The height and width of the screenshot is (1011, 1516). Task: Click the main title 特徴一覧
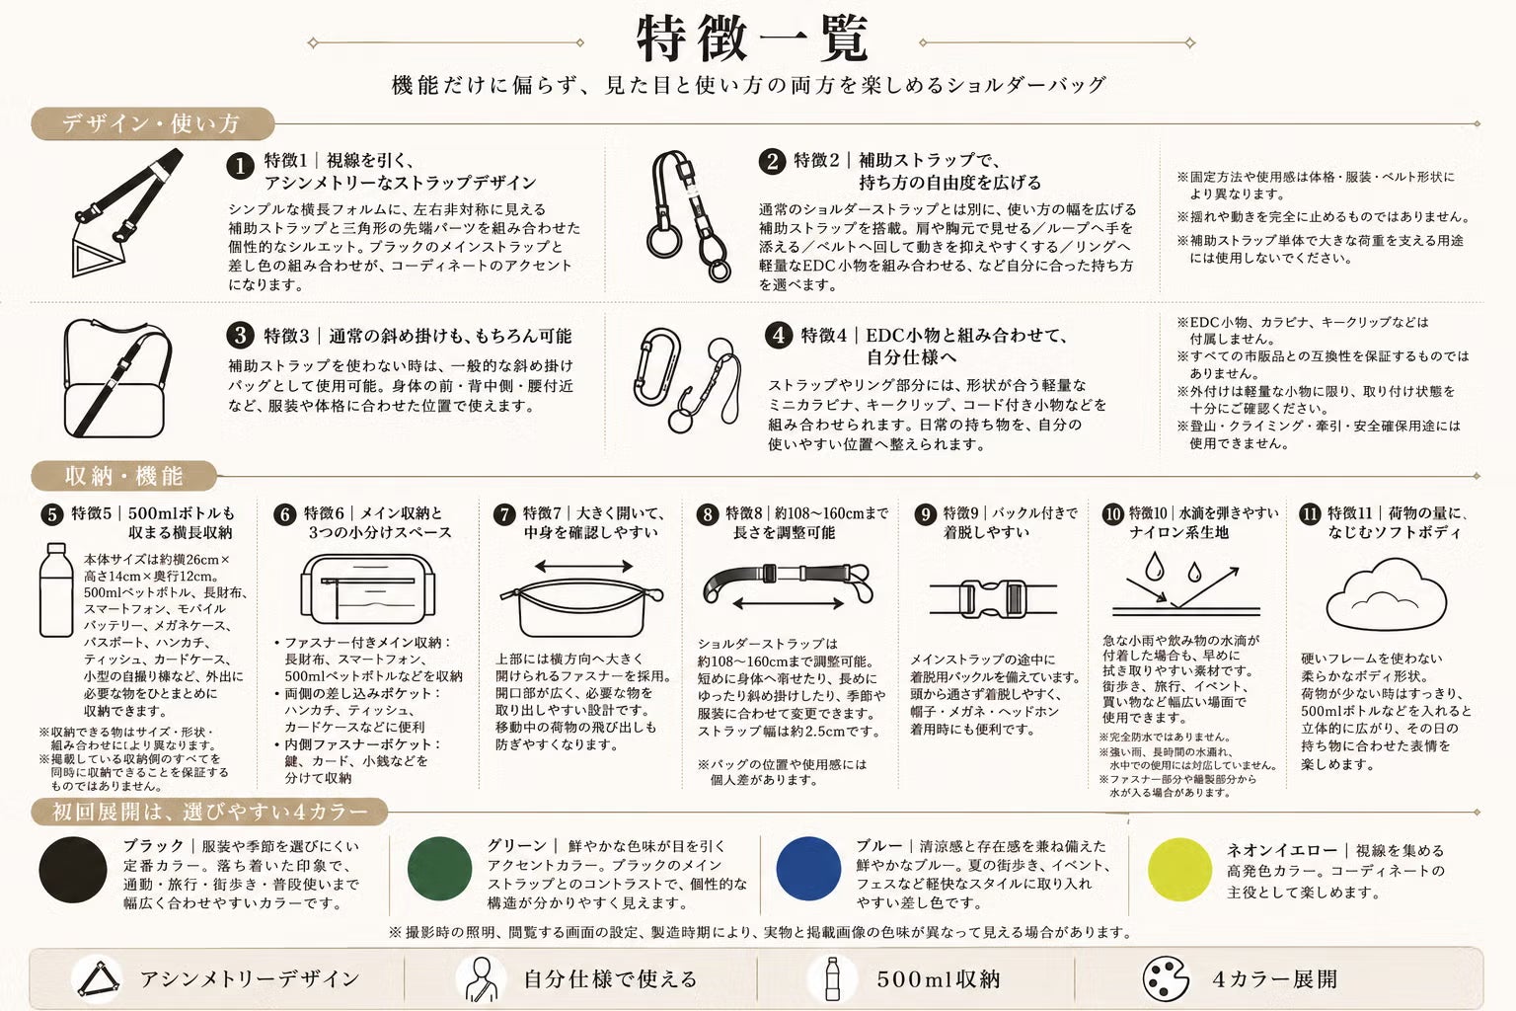coord(752,39)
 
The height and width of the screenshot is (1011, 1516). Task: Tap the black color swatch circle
coord(73,870)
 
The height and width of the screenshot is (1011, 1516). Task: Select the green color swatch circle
coord(440,869)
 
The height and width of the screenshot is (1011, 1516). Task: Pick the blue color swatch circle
coord(808,869)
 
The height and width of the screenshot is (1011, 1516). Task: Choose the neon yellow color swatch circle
coord(1179,870)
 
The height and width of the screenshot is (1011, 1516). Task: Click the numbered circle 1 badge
coord(240,166)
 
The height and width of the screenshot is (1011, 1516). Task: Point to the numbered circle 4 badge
coord(779,336)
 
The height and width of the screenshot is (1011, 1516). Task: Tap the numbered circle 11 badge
coord(1311,514)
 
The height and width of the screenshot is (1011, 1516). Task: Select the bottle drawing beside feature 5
coord(56,589)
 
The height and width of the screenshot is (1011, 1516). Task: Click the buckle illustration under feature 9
coord(993,599)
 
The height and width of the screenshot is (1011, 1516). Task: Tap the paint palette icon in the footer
coord(1166,978)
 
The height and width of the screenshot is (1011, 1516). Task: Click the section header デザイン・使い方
coord(152,124)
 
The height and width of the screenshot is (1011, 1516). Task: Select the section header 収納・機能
coord(123,476)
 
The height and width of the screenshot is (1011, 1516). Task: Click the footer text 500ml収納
coord(939,979)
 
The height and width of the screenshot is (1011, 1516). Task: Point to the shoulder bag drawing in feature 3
coord(116,379)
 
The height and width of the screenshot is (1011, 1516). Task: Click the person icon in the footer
coord(482,979)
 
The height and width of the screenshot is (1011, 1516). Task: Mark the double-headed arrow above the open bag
coord(583,566)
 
